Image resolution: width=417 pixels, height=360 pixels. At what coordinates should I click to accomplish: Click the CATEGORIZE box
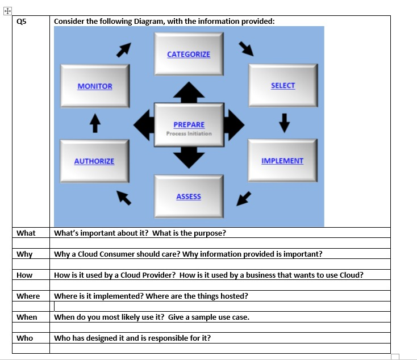189,54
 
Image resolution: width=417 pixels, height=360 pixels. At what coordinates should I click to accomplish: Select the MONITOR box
95,86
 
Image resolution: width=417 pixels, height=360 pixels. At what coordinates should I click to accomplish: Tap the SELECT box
282,85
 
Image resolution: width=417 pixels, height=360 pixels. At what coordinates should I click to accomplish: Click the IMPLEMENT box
282,161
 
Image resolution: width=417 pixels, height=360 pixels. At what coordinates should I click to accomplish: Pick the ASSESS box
189,196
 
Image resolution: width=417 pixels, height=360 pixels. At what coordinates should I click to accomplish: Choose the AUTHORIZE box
94,161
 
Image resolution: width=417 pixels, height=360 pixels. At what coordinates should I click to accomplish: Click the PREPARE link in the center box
189,124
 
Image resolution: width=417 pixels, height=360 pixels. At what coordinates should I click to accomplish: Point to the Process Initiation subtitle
189,134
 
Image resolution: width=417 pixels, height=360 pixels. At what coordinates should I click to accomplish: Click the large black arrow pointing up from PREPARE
189,91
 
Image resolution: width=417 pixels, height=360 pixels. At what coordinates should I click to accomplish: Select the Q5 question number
22,22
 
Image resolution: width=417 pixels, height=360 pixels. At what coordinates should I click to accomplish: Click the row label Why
24,254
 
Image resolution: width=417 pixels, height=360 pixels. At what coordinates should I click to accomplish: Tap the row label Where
28,296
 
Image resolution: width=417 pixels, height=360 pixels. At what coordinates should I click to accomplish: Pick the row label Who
25,338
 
